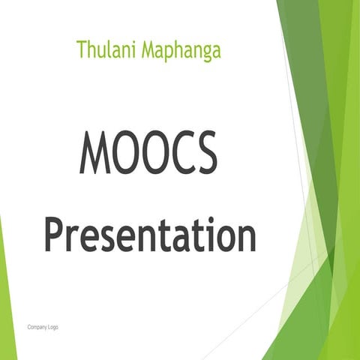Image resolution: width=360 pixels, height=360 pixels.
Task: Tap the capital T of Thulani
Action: [80, 49]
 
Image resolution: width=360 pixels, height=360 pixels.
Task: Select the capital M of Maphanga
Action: [148, 49]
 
